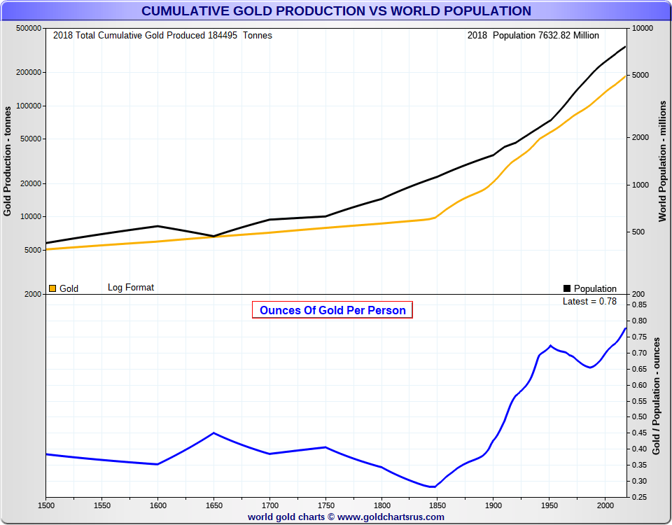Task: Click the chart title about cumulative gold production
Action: click(336, 10)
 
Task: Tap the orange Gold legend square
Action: click(52, 288)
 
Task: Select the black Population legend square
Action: click(567, 288)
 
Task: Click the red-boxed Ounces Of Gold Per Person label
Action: click(332, 310)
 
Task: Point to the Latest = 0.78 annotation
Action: click(589, 301)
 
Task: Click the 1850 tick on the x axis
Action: click(437, 504)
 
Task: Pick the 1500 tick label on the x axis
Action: click(46, 504)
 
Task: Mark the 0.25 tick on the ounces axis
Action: click(639, 498)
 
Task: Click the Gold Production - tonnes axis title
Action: click(8, 161)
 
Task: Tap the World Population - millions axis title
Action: click(662, 161)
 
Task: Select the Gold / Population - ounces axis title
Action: click(657, 395)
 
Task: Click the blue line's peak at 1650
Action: click(213, 433)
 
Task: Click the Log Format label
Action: click(131, 287)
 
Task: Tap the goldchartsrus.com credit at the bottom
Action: click(346, 517)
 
